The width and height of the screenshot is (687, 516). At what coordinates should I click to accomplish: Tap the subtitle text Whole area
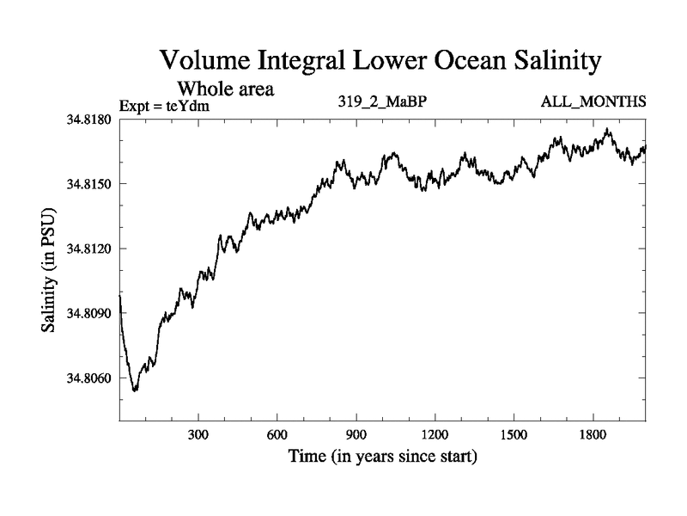[x=226, y=89]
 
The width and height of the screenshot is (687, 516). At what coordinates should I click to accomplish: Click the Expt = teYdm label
[x=165, y=106]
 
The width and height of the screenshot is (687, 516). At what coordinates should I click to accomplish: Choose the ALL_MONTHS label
[x=593, y=102]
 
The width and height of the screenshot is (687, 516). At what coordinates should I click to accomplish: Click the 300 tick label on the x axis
[x=198, y=435]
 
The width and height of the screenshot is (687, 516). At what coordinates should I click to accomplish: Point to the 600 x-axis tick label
[x=277, y=435]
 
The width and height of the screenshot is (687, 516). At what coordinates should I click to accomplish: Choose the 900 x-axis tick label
[x=356, y=435]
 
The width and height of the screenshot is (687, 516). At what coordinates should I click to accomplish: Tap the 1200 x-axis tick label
[x=435, y=435]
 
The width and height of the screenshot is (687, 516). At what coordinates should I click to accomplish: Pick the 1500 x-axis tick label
[x=514, y=435]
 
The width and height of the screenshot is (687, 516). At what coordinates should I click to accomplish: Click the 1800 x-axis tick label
[x=593, y=435]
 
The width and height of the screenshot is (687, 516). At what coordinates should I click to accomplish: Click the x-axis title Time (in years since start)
[x=381, y=457]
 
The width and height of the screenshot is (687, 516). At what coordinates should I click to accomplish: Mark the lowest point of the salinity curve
[x=135, y=391]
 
